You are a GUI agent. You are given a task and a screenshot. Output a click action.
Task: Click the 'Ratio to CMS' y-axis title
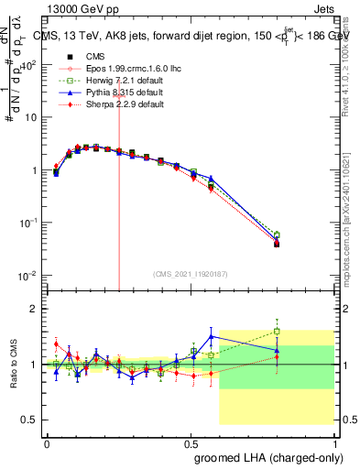click(x=12, y=364)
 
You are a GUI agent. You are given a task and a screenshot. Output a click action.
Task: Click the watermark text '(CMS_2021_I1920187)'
click(x=191, y=274)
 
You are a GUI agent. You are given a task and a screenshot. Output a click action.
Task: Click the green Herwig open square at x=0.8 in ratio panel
click(x=277, y=332)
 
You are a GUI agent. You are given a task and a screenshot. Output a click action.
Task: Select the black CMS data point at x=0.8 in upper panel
click(x=277, y=245)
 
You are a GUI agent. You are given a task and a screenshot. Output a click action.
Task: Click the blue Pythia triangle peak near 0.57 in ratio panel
click(x=212, y=336)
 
